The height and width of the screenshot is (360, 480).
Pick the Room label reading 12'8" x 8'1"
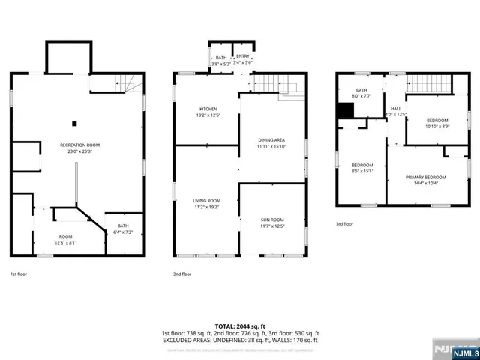point(66,239)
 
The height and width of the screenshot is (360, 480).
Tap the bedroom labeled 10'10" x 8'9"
point(437,124)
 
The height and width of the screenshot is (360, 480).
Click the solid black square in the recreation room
point(74,124)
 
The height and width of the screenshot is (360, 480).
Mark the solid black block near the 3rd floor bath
point(345,109)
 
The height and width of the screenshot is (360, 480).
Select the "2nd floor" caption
point(182,274)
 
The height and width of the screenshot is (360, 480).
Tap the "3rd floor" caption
point(345,224)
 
